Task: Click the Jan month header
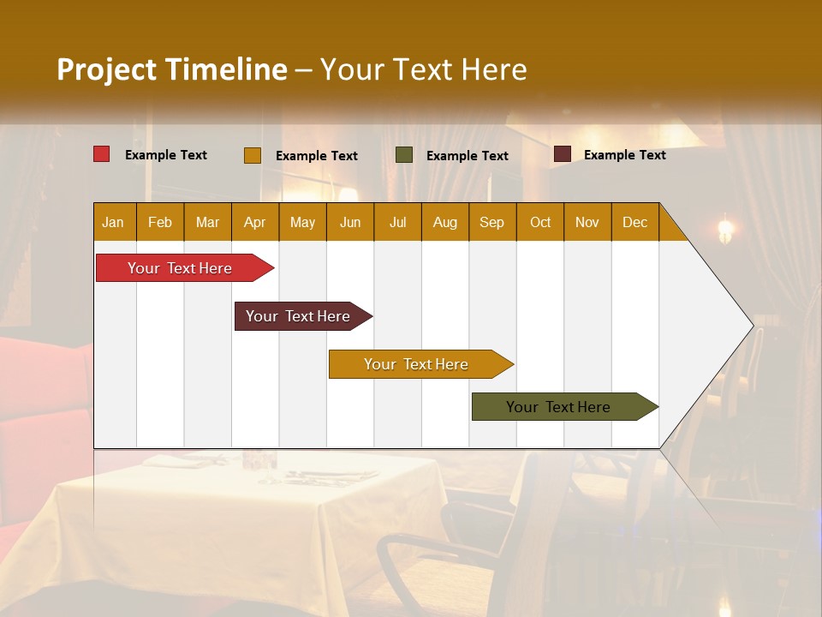coord(113,222)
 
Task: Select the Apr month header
coord(254,222)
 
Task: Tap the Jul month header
coord(397,222)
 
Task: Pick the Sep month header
coord(491,222)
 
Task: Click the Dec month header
coord(634,222)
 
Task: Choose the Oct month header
coord(539,222)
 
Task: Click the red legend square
coord(101,154)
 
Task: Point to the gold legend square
coord(252,155)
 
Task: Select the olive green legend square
coord(404,154)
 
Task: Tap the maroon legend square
coord(562,154)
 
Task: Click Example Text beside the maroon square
coord(624,155)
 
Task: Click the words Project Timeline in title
coord(171,69)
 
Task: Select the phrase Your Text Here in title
coord(423,69)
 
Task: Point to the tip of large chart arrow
coord(751,326)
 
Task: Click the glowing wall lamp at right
coord(726,228)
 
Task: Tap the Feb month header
coord(159,222)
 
